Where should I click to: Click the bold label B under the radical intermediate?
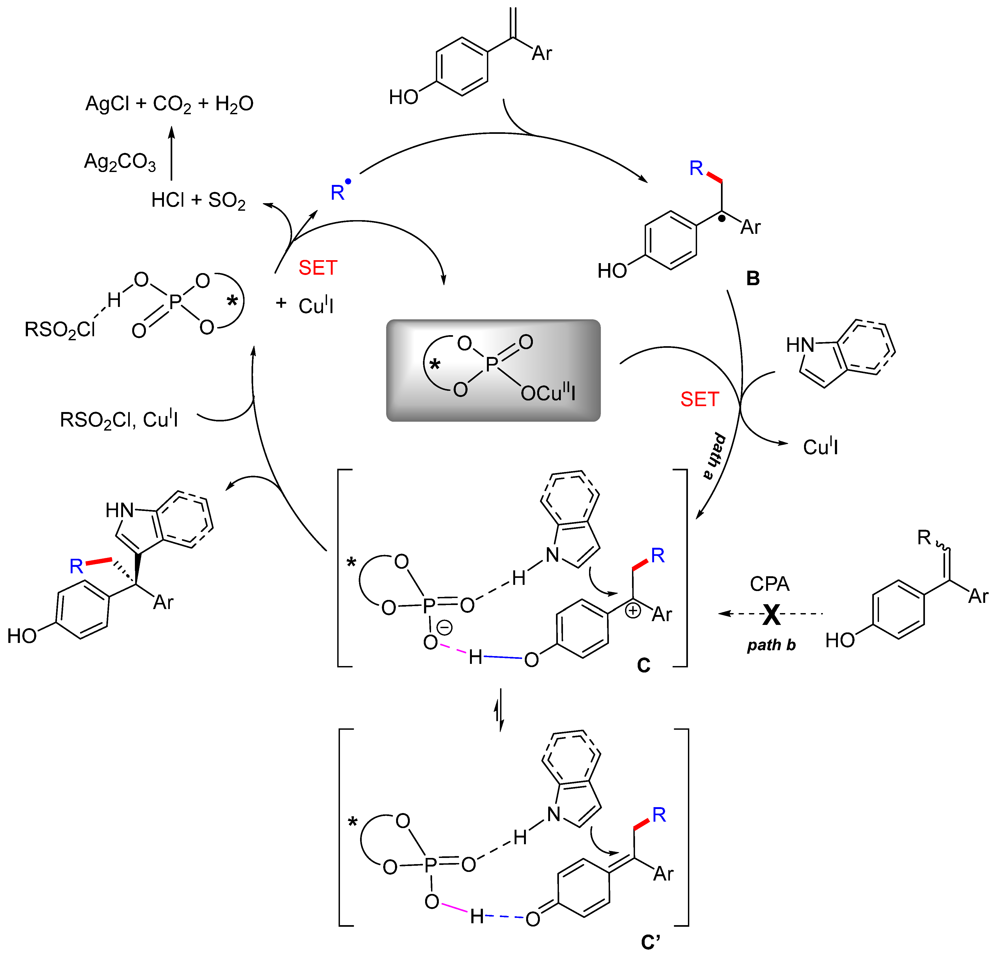pyautogui.click(x=753, y=278)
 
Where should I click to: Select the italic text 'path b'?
pyautogui.click(x=771, y=645)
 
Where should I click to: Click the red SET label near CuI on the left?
pyautogui.click(x=318, y=268)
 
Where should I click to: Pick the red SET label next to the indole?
pyautogui.click(x=700, y=400)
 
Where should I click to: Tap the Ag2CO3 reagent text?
pyautogui.click(x=120, y=162)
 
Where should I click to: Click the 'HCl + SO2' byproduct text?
pyautogui.click(x=198, y=200)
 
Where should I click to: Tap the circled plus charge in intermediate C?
pyautogui.click(x=633, y=611)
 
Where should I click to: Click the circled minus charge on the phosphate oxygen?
pyautogui.click(x=444, y=628)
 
